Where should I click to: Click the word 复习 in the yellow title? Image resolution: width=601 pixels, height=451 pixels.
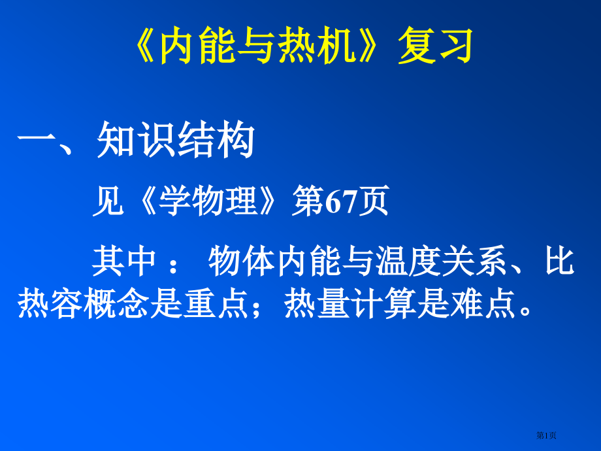(435, 47)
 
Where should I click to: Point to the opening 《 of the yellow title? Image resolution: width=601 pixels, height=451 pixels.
(147, 47)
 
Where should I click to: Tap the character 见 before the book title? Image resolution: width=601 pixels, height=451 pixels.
(107, 202)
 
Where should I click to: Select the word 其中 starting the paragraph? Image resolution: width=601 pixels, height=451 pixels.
(124, 262)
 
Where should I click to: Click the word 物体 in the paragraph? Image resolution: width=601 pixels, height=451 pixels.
(240, 262)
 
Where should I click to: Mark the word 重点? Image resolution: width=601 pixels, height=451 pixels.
(216, 305)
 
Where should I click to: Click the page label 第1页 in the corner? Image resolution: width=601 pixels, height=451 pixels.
(546, 435)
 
